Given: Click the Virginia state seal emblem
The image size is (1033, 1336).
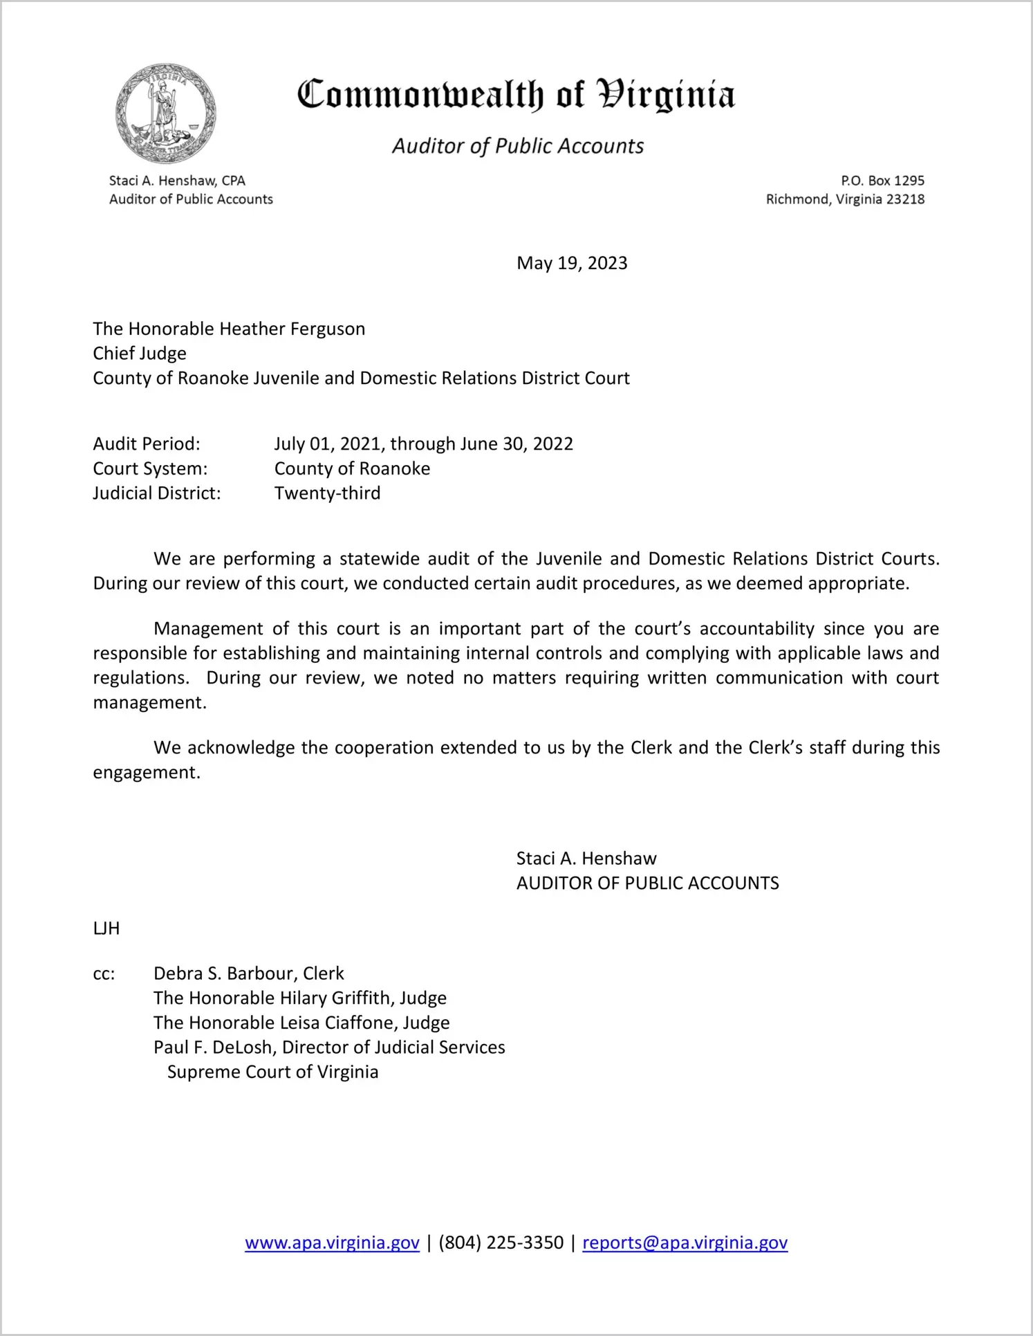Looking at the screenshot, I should (x=165, y=113).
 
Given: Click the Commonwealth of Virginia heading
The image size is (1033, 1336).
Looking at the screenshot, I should (x=516, y=95).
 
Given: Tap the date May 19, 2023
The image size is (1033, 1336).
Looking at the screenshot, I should (x=572, y=264).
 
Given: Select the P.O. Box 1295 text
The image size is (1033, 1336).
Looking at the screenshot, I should (x=882, y=181).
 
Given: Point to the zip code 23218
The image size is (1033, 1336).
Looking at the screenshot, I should (x=905, y=199).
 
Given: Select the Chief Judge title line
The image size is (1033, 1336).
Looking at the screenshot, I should (x=140, y=354).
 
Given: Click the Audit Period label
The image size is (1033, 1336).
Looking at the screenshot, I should (x=147, y=443).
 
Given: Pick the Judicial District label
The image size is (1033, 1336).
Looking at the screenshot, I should (x=157, y=493).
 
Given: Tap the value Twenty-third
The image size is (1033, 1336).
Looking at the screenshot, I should (x=327, y=493).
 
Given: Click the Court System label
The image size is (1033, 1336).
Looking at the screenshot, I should (x=150, y=468).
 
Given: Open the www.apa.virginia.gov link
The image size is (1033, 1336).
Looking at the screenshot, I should (x=332, y=1243).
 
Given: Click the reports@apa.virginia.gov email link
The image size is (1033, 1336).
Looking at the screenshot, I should (x=685, y=1243).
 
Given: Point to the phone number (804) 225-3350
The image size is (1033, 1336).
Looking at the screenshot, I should (x=501, y=1243).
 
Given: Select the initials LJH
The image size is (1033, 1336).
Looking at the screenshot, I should (x=106, y=928).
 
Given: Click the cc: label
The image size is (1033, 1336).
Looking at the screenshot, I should (x=104, y=973).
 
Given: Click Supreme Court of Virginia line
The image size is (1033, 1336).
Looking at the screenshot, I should (x=272, y=1072).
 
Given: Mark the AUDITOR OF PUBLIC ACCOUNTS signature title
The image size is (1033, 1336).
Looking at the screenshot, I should (x=647, y=884).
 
